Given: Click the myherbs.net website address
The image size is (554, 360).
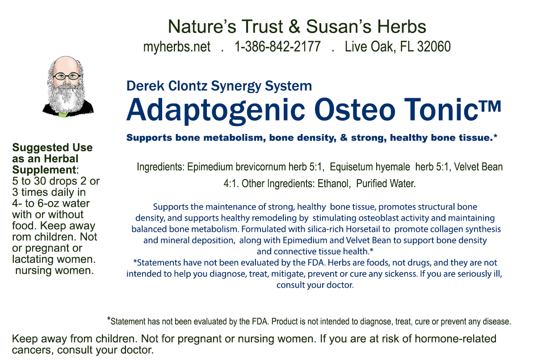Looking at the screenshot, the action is (x=177, y=46).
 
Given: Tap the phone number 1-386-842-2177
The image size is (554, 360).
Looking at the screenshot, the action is (x=277, y=46).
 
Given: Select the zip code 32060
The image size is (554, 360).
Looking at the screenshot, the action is (x=434, y=46).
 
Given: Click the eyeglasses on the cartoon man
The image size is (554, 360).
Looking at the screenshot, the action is (x=67, y=76).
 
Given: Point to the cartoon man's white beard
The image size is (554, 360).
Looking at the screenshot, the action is (x=66, y=99).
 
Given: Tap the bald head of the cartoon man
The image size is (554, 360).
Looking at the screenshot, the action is (x=66, y=64).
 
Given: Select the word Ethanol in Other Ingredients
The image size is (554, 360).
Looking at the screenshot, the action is (x=334, y=184).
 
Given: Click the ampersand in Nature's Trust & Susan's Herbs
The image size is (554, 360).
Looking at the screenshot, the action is (x=294, y=26).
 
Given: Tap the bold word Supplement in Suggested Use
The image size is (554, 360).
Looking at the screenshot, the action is (x=44, y=170).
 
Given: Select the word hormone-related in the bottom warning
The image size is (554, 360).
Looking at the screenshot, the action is (x=456, y=339).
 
